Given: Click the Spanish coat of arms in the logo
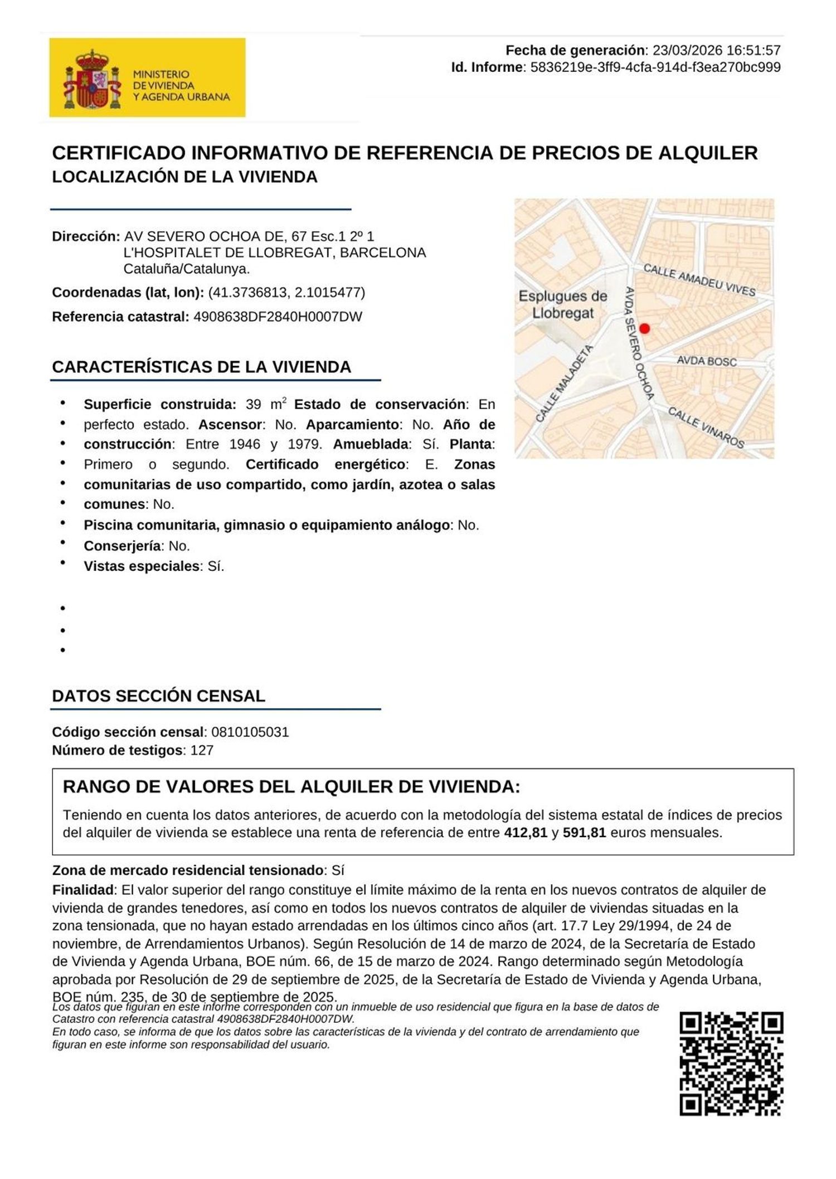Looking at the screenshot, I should click(93, 79).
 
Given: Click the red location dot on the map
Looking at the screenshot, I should click(644, 328).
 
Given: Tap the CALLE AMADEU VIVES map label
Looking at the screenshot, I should click(699, 280).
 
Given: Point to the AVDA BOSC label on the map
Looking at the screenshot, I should click(706, 361).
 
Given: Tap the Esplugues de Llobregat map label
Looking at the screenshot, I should click(562, 304).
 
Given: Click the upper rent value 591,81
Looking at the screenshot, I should click(585, 833).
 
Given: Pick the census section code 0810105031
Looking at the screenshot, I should click(250, 732).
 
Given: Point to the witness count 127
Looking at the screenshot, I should click(202, 750).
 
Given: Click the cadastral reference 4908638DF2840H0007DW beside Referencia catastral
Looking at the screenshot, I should click(278, 317).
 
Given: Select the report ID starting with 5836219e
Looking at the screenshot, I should click(655, 67).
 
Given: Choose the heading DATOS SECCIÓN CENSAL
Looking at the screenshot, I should click(158, 696).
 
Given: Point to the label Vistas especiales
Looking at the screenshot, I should click(142, 566).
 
